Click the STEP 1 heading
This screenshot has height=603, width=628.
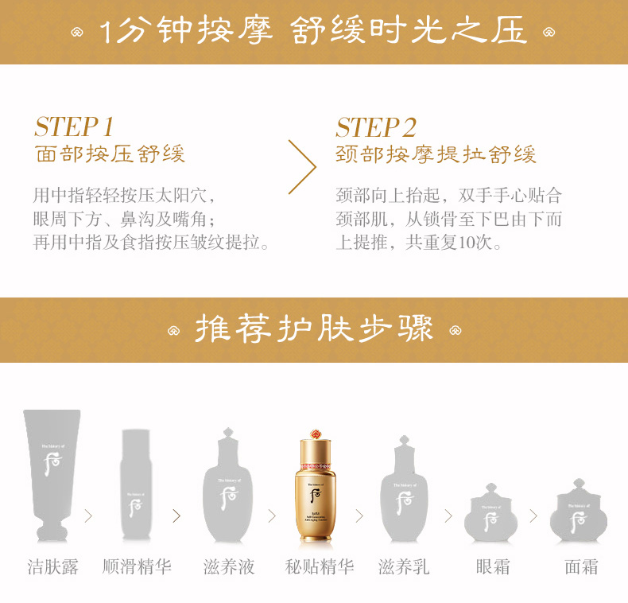75,127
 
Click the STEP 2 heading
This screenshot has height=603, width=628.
376,127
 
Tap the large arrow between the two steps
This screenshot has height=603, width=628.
302,167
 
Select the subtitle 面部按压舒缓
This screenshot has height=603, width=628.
110,154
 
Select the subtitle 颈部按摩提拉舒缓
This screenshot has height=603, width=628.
436,154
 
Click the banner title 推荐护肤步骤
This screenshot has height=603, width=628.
314,329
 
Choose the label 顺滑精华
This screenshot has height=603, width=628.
137,567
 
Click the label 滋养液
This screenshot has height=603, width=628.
229,567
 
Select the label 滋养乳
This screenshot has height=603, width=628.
404,567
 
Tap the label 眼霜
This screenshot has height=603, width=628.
493,567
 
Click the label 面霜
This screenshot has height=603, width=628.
581,567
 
